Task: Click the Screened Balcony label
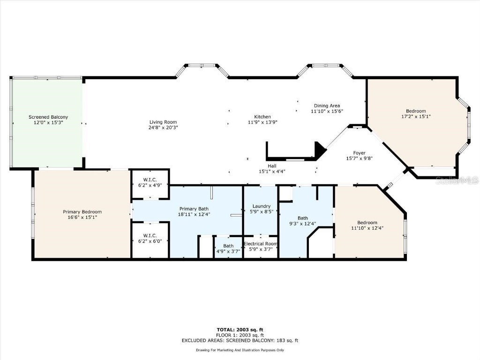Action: click(48, 117)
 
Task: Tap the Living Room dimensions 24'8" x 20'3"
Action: click(163, 127)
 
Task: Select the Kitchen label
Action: click(262, 117)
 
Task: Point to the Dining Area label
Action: click(327, 106)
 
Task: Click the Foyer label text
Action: click(359, 153)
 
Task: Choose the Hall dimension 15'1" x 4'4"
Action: click(272, 172)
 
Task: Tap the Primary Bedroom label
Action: click(82, 212)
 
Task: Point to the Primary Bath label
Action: click(194, 209)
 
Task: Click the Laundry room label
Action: click(261, 206)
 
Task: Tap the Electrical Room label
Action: click(261, 244)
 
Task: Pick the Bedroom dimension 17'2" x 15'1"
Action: click(413, 117)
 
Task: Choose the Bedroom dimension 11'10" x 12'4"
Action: click(367, 228)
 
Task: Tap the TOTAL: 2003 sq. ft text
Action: click(240, 330)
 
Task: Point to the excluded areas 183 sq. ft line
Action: click(240, 341)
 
